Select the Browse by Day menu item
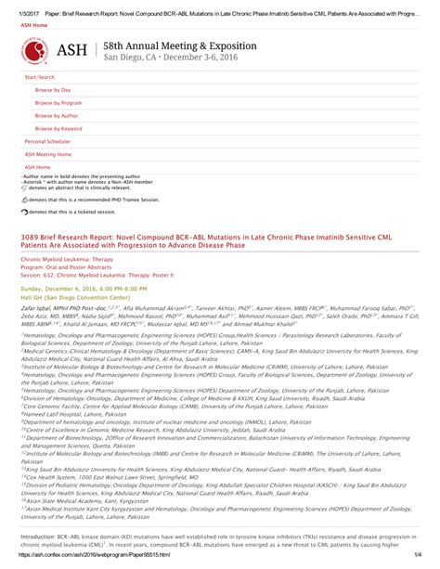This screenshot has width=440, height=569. coord(53,89)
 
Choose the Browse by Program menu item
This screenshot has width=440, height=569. coord(58,102)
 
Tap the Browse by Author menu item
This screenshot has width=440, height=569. coord(58,115)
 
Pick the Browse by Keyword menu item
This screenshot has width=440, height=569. coord(59,128)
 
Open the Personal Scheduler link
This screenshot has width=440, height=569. coord(51,141)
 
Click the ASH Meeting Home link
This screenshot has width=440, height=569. coord(48,154)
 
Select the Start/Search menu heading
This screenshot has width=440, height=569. coord(40,76)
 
